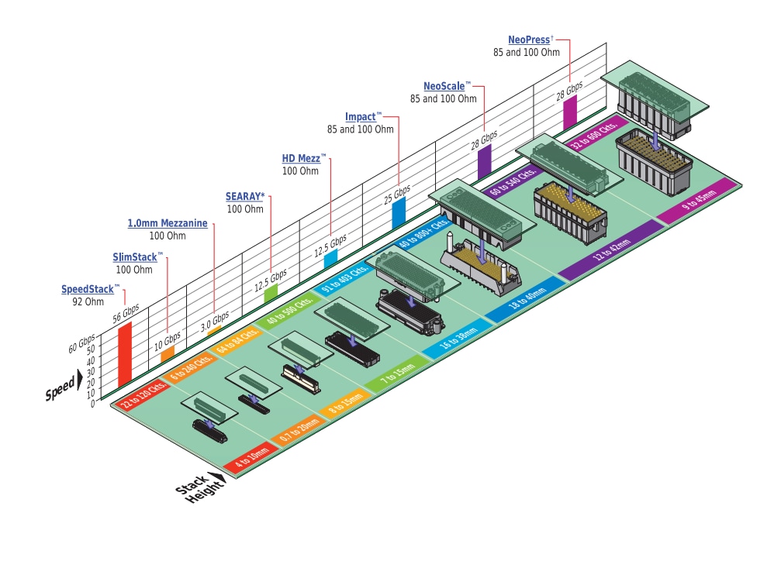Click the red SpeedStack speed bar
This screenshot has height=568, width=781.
pyautogui.click(x=124, y=355)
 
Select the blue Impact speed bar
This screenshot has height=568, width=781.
pyautogui.click(x=399, y=212)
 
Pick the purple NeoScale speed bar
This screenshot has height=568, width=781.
pyautogui.click(x=485, y=161)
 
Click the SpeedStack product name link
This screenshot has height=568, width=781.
pyautogui.click(x=88, y=290)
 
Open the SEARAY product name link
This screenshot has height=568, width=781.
pyautogui.click(x=245, y=197)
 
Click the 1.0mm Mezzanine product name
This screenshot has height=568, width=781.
pyautogui.click(x=168, y=223)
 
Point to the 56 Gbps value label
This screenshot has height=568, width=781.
pyautogui.click(x=126, y=312)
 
